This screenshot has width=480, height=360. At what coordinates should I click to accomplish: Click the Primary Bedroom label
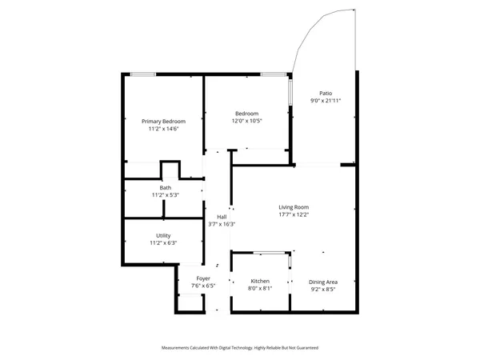(163, 121)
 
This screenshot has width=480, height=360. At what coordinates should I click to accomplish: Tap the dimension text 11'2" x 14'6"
(163, 128)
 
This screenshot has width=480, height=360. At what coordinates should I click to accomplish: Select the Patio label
(326, 93)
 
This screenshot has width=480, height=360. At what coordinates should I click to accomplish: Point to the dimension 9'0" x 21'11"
(326, 101)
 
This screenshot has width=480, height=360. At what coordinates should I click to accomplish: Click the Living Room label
(294, 206)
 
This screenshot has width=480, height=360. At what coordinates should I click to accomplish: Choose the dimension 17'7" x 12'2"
(294, 214)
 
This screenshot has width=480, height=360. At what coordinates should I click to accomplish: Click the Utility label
(163, 235)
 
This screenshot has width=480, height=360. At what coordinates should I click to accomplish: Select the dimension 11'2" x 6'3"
(163, 242)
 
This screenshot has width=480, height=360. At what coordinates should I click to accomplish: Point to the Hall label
(222, 217)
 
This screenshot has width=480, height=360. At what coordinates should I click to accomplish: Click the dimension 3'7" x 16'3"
(222, 224)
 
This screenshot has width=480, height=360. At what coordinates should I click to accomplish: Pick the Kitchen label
(260, 282)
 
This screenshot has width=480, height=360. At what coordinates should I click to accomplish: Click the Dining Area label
(323, 282)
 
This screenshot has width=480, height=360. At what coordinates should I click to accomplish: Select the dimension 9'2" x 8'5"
(323, 289)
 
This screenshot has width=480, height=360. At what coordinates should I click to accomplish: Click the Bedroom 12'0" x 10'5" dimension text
(246, 121)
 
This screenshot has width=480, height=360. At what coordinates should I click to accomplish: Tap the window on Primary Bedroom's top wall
(143, 74)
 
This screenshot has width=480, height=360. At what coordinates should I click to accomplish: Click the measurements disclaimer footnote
(240, 349)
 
